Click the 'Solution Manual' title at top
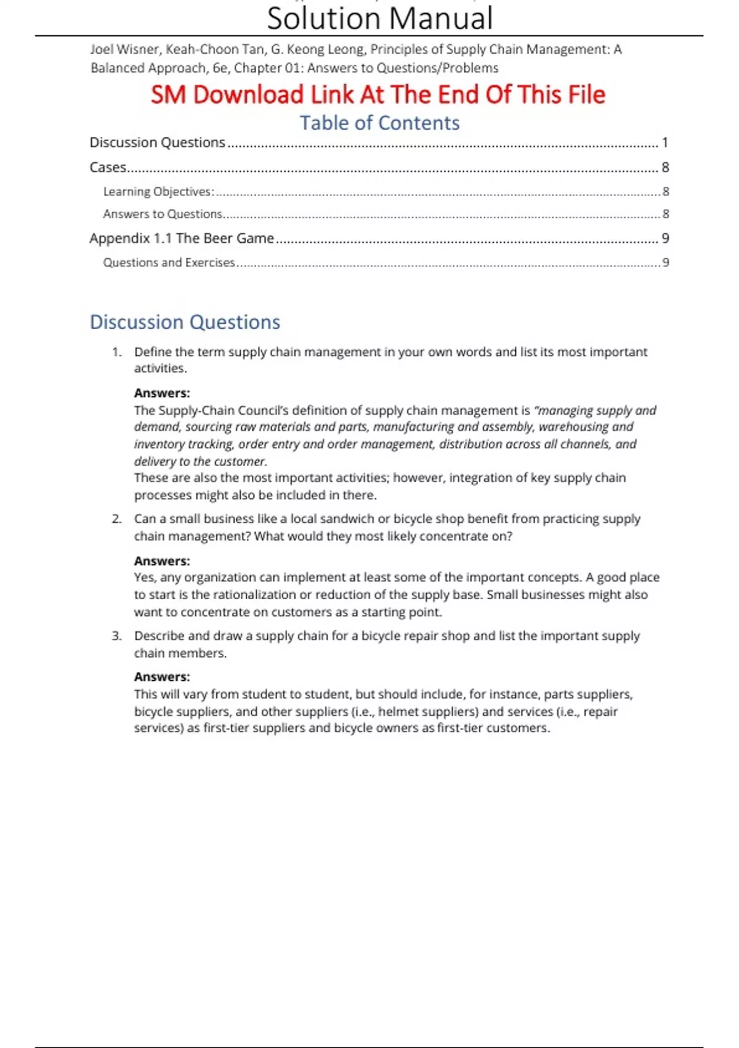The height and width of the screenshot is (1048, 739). point(379,18)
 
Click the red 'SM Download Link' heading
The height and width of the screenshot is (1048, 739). point(378,94)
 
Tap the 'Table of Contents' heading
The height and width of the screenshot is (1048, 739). point(379,123)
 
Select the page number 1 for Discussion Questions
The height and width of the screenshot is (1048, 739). point(664,142)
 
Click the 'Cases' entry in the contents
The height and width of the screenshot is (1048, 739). point(108,167)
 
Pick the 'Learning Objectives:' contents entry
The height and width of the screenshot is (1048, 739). point(158,192)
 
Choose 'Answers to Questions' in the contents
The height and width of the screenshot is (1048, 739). point(163,214)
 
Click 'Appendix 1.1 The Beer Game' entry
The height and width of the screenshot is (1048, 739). point(182,238)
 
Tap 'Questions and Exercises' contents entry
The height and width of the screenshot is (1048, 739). point(169,263)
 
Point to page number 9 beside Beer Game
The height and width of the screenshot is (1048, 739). point(664,238)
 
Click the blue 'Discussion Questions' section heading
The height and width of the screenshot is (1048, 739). point(185,322)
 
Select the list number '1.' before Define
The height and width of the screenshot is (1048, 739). point(116,352)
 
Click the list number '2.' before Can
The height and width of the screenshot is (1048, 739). point(116,519)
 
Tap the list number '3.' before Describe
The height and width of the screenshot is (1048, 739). point(116,636)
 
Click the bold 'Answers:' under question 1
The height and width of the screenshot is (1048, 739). point(162,393)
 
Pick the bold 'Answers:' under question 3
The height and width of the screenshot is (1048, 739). point(162,677)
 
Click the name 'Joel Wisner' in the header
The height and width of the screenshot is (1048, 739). point(124,49)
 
